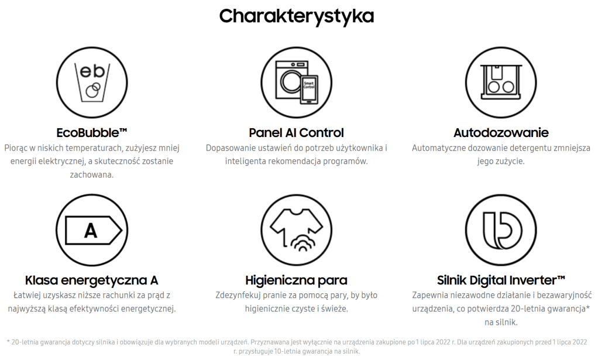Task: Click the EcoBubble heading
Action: point(91,133)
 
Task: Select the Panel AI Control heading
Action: point(296,133)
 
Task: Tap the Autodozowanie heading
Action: point(501,133)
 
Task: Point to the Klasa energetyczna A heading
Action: point(91,280)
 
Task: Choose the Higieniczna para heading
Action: point(296,280)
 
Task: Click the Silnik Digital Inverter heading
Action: point(501,280)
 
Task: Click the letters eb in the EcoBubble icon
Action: point(92,71)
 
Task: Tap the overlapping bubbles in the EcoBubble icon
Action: point(93,90)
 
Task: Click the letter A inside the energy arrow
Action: point(91,231)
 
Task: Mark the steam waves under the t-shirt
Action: point(304,242)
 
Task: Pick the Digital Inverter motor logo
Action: point(501,231)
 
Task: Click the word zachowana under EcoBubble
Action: point(91,175)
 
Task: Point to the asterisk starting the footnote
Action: point(8,342)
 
